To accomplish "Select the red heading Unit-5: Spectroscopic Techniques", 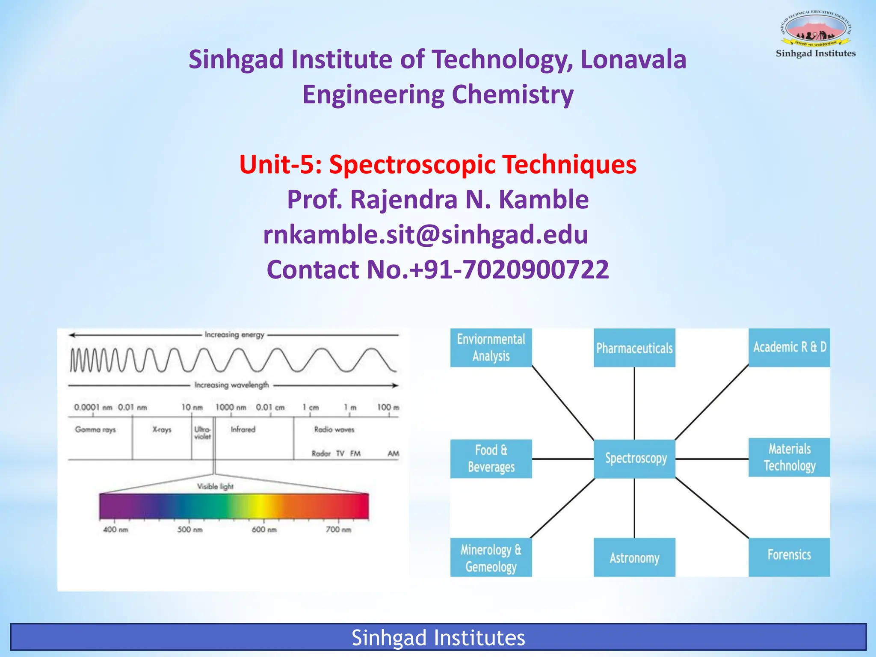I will pyautogui.click(x=438, y=165).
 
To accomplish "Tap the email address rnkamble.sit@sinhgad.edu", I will pyautogui.click(x=426, y=234).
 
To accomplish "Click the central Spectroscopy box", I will pyautogui.click(x=635, y=459).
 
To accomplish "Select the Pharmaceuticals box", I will pyautogui.click(x=634, y=348).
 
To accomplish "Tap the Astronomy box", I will pyautogui.click(x=634, y=557).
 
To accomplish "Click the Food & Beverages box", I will pyautogui.click(x=491, y=459).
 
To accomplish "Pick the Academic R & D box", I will pyautogui.click(x=789, y=347).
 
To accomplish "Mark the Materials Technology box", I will pyautogui.click(x=789, y=457).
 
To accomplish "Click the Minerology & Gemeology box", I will pyautogui.click(x=491, y=557).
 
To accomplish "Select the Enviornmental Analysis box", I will pyautogui.click(x=491, y=347).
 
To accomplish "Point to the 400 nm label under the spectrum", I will pyautogui.click(x=115, y=530).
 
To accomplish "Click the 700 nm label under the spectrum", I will pyautogui.click(x=338, y=530).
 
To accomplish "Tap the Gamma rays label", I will pyautogui.click(x=95, y=429).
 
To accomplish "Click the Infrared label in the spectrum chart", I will pyautogui.click(x=243, y=429).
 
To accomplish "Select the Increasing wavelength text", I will pyautogui.click(x=231, y=385).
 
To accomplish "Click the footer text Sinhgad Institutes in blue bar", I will pyautogui.click(x=438, y=638).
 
